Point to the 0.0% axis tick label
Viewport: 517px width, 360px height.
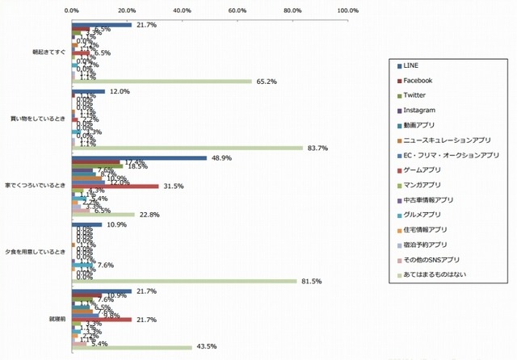71,10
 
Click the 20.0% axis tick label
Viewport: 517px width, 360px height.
127,10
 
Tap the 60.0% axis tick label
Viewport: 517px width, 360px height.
237,10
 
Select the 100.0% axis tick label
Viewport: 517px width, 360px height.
348,10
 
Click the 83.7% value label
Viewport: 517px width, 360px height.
315,148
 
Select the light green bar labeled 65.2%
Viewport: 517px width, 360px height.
162,81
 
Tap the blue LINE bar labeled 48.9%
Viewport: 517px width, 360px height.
139,158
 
